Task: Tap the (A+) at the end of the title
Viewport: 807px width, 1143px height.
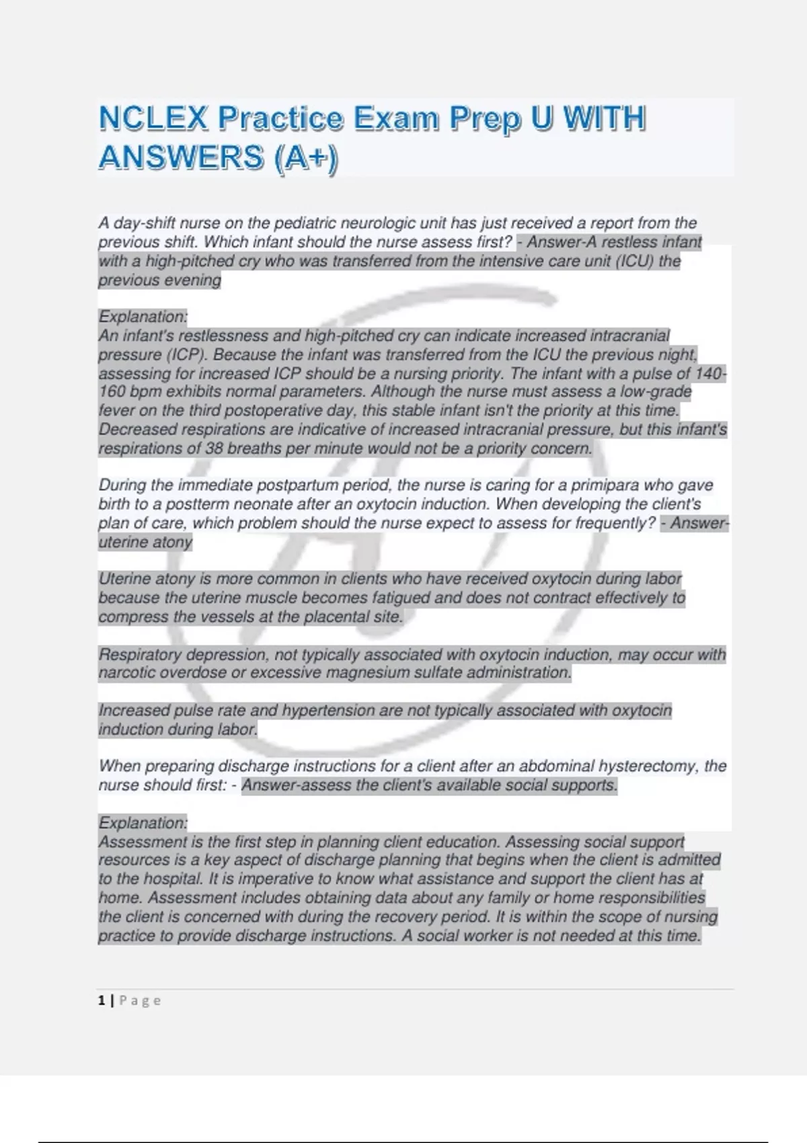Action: [305, 159]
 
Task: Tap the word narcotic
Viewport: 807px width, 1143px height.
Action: [125, 673]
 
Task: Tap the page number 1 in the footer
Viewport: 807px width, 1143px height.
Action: [102, 1000]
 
